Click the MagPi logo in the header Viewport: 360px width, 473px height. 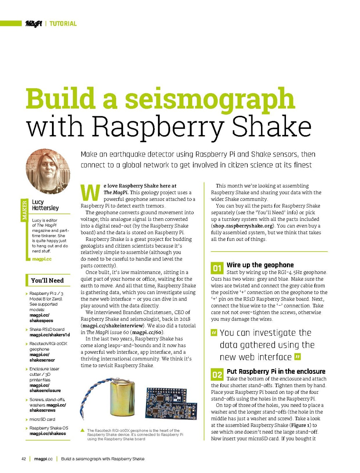34,24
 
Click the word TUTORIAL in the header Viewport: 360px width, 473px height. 63,24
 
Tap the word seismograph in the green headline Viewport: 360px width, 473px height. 210,99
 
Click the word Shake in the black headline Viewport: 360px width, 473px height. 271,127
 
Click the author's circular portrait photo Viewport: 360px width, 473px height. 48,171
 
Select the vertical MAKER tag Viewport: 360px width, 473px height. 24,210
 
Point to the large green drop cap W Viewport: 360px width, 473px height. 90,193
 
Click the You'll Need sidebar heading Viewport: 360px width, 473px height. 47,280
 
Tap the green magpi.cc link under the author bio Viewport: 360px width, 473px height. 42,259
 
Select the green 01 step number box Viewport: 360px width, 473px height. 217,268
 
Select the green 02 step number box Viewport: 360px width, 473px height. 217,375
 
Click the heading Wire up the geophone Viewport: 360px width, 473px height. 260,265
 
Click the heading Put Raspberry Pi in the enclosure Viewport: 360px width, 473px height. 276,371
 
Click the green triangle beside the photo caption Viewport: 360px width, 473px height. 83,430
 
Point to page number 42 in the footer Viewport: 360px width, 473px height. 24,459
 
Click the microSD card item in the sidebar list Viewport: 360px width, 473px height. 42,419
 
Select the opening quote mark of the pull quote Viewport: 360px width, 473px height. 214,332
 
